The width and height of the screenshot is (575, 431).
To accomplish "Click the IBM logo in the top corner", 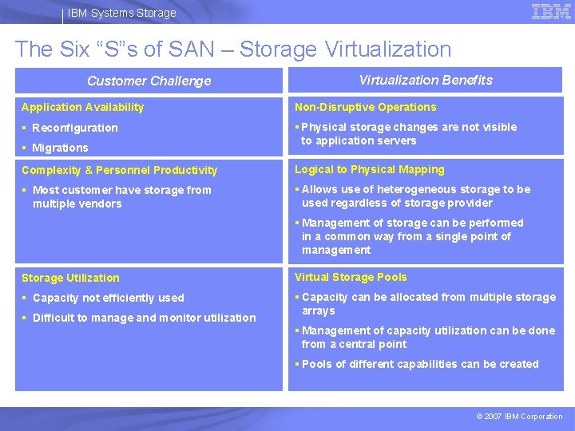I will coord(550,12).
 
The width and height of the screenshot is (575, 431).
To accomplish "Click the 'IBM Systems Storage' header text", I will coord(121,13).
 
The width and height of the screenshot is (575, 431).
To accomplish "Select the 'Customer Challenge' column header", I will coord(149,81).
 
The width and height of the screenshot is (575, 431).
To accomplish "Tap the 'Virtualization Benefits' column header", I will coord(426,80).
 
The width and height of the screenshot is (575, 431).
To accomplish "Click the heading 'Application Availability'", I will coord(83,107).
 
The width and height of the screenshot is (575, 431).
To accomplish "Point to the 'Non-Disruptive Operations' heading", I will coord(366,107).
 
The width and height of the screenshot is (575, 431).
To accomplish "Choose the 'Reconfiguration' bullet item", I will coord(74,128).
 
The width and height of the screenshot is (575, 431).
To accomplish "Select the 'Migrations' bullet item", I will coord(60,148).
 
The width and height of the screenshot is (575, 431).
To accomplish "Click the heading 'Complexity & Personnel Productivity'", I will coord(120,170).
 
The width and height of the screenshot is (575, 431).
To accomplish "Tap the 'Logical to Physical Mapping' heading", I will coord(370,169).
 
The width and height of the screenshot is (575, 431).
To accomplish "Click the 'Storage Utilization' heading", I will coord(70,278).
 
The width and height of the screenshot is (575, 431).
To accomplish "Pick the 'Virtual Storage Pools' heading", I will coord(351,277).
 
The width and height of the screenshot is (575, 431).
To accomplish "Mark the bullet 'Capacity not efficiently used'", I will coord(108,298).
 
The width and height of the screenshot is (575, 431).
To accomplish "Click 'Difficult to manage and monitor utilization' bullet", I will coord(144,318).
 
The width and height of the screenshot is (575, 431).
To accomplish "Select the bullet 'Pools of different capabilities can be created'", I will coord(420,364).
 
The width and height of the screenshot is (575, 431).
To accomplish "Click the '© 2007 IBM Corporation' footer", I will coord(519,416).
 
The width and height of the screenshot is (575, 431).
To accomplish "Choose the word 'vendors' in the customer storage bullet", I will coord(101,204).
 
